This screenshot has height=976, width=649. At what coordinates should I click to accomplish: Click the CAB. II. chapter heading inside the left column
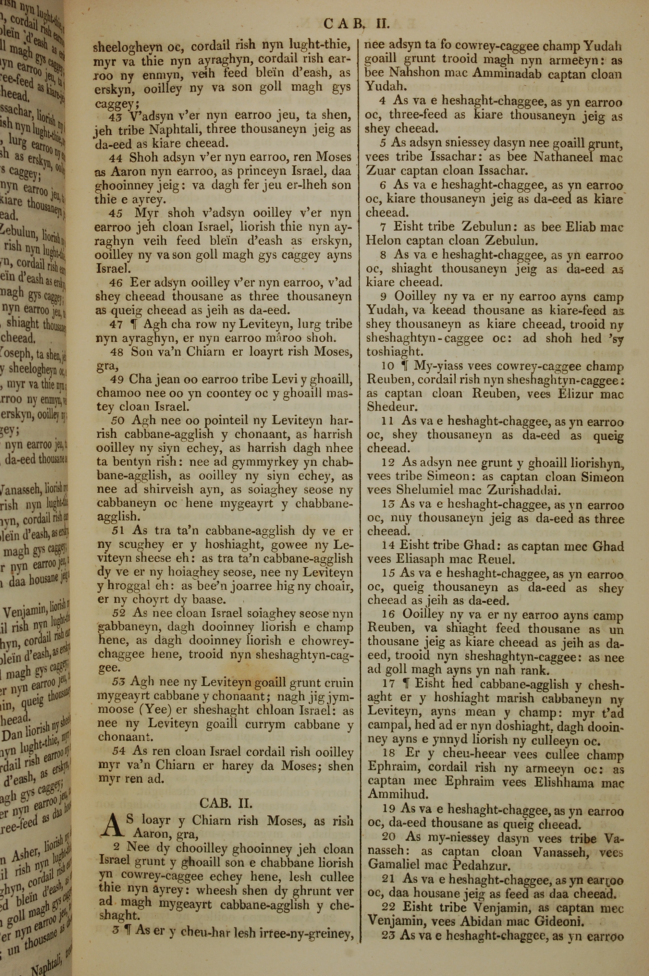coord(226,803)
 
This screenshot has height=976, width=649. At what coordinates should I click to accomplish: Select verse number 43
coord(116,116)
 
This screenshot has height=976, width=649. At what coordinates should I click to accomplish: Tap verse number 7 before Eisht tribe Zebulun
coord(383,227)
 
